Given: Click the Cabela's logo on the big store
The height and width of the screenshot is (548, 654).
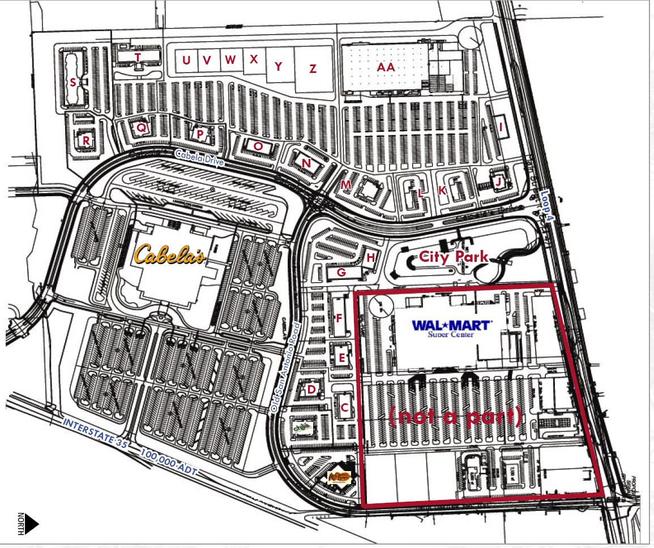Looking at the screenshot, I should tap(169, 254).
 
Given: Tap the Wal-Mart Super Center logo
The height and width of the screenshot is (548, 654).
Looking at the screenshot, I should tap(452, 327).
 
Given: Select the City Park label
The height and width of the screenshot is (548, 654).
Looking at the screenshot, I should tap(453, 257).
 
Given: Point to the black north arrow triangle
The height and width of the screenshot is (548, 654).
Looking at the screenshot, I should tap(31, 523).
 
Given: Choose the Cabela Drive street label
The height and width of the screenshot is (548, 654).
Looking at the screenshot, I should tap(199, 157).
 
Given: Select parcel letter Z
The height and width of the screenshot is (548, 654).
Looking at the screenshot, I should tap(313, 69).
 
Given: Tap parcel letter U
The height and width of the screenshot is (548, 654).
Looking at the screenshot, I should tap(186, 60).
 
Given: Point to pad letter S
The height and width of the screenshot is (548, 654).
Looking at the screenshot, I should tap(72, 82).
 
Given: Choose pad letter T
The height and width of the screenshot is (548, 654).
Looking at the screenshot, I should tap(137, 57).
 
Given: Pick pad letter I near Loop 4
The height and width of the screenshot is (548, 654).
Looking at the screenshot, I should tap(501, 127).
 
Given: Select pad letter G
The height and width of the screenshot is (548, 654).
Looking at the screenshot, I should tap(341, 273).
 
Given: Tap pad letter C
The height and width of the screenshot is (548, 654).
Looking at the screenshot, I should tap(344, 407).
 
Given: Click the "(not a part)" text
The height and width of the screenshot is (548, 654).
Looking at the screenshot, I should tap(455, 416).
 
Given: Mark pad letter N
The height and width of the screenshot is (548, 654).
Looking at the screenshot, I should tap(306, 163).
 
